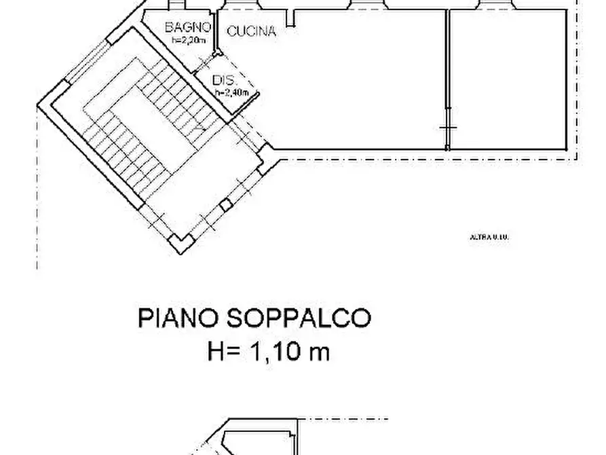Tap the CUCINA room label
(251, 31)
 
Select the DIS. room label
(223, 79)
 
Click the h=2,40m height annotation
(229, 92)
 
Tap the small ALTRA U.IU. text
(489, 237)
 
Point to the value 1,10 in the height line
(278, 352)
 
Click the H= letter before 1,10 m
(223, 352)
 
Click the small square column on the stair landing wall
(225, 204)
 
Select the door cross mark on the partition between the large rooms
(448, 128)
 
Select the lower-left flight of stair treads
(122, 153)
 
